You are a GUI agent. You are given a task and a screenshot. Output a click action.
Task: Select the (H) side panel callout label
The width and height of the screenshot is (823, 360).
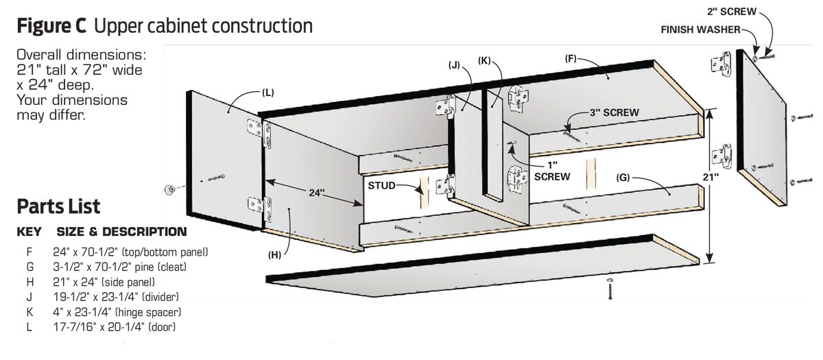274,254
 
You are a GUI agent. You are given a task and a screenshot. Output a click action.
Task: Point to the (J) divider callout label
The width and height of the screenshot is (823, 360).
454,65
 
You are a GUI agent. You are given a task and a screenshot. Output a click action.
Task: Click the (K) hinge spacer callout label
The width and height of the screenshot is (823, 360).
485,60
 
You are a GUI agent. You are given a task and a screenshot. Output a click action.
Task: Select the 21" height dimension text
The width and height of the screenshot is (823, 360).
711,177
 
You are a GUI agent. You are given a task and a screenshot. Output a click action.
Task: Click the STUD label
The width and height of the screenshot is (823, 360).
381,185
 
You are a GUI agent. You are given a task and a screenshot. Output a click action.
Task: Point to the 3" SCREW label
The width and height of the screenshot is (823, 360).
615,112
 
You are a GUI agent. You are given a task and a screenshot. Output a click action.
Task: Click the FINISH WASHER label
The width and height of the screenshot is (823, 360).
700,29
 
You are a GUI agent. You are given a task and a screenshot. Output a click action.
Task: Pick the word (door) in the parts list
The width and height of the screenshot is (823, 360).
162,327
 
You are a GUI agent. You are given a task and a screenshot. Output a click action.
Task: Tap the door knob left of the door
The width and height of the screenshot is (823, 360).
169,189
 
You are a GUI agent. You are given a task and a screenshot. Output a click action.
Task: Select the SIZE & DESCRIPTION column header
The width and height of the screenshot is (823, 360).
121,232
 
